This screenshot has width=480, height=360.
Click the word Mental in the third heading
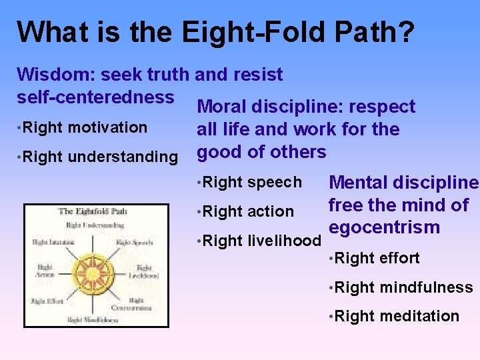coord(359,183)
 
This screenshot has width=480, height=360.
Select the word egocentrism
coord(385,227)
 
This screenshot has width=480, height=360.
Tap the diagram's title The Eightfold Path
coord(93,212)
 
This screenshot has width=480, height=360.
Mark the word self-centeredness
coord(95,97)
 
